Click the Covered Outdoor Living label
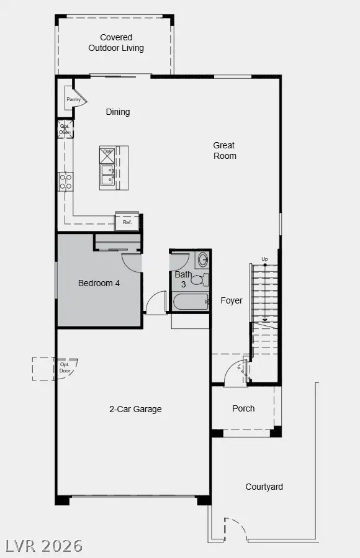click(x=115, y=43)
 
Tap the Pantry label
click(x=73, y=99)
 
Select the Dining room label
click(x=118, y=112)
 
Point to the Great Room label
click(x=224, y=151)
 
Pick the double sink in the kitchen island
click(x=107, y=176)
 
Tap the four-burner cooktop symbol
click(x=65, y=181)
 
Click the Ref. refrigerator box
click(x=127, y=222)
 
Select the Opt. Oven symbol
click(x=65, y=129)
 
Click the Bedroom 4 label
click(x=99, y=283)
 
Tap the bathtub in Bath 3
click(x=190, y=302)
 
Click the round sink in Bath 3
click(x=202, y=260)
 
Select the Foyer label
click(x=232, y=300)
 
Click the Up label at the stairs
click(x=265, y=259)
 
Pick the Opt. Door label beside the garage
click(x=65, y=367)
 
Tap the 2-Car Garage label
click(x=135, y=409)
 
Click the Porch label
click(x=243, y=408)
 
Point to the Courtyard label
click(x=264, y=487)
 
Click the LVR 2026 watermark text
click(x=43, y=546)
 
